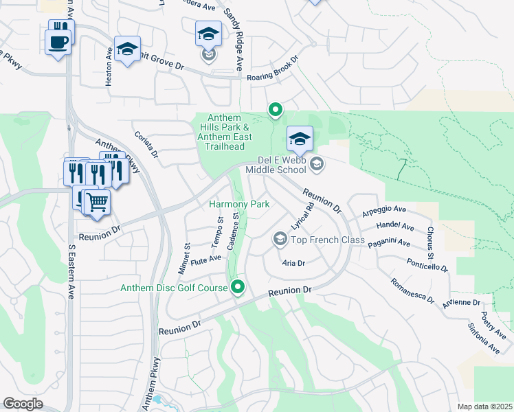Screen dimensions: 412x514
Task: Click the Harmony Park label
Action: pyautogui.click(x=239, y=204)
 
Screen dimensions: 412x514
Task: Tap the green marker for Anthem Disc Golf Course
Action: pyautogui.click(x=238, y=286)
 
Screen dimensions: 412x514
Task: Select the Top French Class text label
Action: pyautogui.click(x=327, y=239)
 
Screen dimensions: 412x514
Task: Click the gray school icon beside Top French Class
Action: pyautogui.click(x=280, y=238)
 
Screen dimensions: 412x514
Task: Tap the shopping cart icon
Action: pyautogui.click(x=98, y=201)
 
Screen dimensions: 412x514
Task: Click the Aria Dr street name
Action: pyautogui.click(x=293, y=262)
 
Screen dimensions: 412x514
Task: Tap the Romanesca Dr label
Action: pyautogui.click(x=412, y=290)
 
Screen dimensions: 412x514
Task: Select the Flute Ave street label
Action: pyautogui.click(x=205, y=259)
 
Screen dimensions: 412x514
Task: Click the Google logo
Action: pyautogui.click(x=23, y=404)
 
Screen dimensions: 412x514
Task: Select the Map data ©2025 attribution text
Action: pyautogui.click(x=484, y=407)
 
